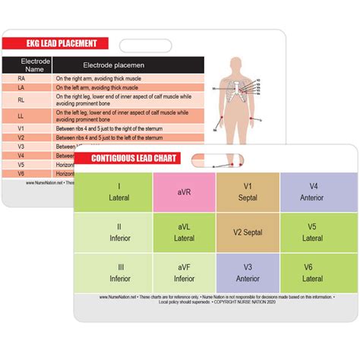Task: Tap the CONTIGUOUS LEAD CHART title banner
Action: pyautogui.click(x=134, y=159)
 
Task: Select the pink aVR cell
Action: pyautogui.click(x=184, y=192)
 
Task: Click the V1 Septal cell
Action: pyautogui.click(x=248, y=192)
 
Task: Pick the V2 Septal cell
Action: pyautogui.click(x=248, y=232)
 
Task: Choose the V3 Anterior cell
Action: pyautogui.click(x=248, y=273)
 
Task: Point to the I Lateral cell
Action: pyautogui.click(x=118, y=192)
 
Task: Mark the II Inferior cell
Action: pyautogui.click(x=118, y=232)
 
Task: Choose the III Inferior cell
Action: pyautogui.click(x=118, y=273)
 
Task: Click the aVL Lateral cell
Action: pyautogui.click(x=184, y=232)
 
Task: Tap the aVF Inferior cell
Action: pyautogui.click(x=184, y=273)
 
